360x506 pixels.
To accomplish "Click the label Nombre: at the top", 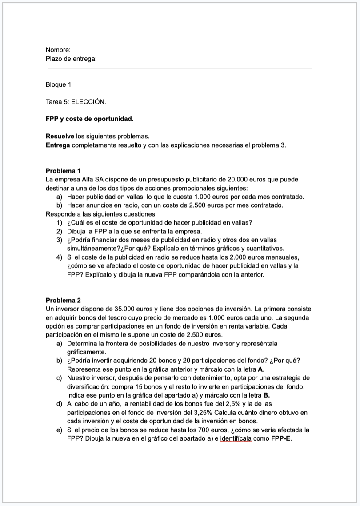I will (58, 50).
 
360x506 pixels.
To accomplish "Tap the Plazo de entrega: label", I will (71, 59).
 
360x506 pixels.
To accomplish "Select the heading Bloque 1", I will (58, 84).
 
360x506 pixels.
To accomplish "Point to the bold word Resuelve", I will (60, 136).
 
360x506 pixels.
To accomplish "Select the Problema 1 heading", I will (63, 171).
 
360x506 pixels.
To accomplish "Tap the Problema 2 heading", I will (63, 301).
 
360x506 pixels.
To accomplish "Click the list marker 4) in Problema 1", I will (59, 257).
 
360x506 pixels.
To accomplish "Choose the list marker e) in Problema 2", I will (59, 430).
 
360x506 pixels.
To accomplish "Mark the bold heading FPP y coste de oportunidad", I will (89, 119).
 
